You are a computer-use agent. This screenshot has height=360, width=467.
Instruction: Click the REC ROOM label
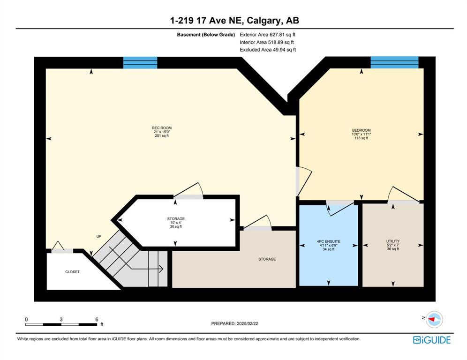click(x=162, y=132)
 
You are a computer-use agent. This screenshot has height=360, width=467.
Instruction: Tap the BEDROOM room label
click(x=362, y=134)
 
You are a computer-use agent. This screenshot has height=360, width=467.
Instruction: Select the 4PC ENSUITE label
click(x=329, y=245)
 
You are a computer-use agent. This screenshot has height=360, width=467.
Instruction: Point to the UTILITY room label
click(x=393, y=245)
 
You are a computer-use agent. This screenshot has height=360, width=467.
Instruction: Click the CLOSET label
click(x=72, y=272)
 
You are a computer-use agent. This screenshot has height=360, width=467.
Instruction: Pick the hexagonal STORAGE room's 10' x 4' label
click(x=176, y=223)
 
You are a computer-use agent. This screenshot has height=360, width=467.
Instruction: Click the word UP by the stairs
click(x=99, y=236)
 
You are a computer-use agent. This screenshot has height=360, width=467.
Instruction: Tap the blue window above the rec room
click(x=140, y=62)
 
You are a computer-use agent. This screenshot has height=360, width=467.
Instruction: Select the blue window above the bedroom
click(x=394, y=62)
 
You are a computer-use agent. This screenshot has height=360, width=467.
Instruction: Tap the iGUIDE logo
click(x=431, y=340)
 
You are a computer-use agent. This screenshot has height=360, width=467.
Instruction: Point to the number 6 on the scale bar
click(x=97, y=319)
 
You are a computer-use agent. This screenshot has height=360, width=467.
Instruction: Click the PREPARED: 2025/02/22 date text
click(x=235, y=323)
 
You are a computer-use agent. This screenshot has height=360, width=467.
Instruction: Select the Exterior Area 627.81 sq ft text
click(x=267, y=35)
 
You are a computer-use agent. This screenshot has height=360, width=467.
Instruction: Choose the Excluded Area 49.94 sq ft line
click(x=268, y=50)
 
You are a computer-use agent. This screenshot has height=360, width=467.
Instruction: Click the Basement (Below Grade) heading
click(x=206, y=35)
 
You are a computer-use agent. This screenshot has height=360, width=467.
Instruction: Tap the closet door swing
click(x=58, y=246)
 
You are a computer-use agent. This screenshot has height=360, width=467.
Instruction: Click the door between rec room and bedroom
click(x=304, y=181)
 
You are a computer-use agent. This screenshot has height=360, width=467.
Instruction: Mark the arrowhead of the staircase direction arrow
click(x=161, y=269)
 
